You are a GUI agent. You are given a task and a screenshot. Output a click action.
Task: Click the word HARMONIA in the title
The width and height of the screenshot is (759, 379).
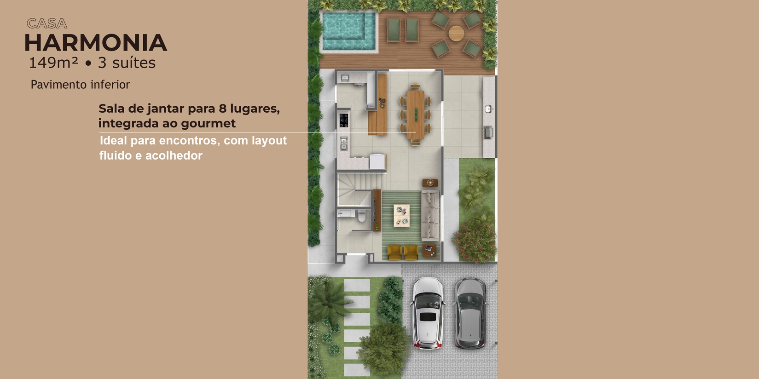pos(96,43)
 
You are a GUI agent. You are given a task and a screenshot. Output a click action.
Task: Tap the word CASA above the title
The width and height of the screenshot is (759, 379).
pos(47,23)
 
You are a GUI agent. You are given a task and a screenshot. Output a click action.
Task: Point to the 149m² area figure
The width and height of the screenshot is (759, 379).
pos(53,63)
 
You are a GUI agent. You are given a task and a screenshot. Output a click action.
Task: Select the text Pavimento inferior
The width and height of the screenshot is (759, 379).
pos(80,84)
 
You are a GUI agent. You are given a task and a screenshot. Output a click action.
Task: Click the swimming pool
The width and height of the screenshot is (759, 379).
pos(349,31)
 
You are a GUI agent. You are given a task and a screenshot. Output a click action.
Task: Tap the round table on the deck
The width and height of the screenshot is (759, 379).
pos(456,33)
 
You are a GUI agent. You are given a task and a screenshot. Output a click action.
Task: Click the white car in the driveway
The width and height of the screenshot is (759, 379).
pos(428,313)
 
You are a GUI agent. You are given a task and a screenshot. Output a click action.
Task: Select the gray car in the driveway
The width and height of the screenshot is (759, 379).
pos(470,313)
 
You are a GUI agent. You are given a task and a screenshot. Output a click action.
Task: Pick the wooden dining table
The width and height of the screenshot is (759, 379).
pos(416,115)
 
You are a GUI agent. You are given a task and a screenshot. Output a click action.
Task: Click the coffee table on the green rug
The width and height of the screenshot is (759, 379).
pos(401,215)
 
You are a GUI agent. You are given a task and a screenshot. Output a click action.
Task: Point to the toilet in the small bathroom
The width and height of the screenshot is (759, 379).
pos(362,216)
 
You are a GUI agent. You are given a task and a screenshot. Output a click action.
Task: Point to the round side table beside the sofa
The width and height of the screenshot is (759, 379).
pos(430,183)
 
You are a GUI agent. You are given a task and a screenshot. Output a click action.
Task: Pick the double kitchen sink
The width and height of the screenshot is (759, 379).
pos(343,144)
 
